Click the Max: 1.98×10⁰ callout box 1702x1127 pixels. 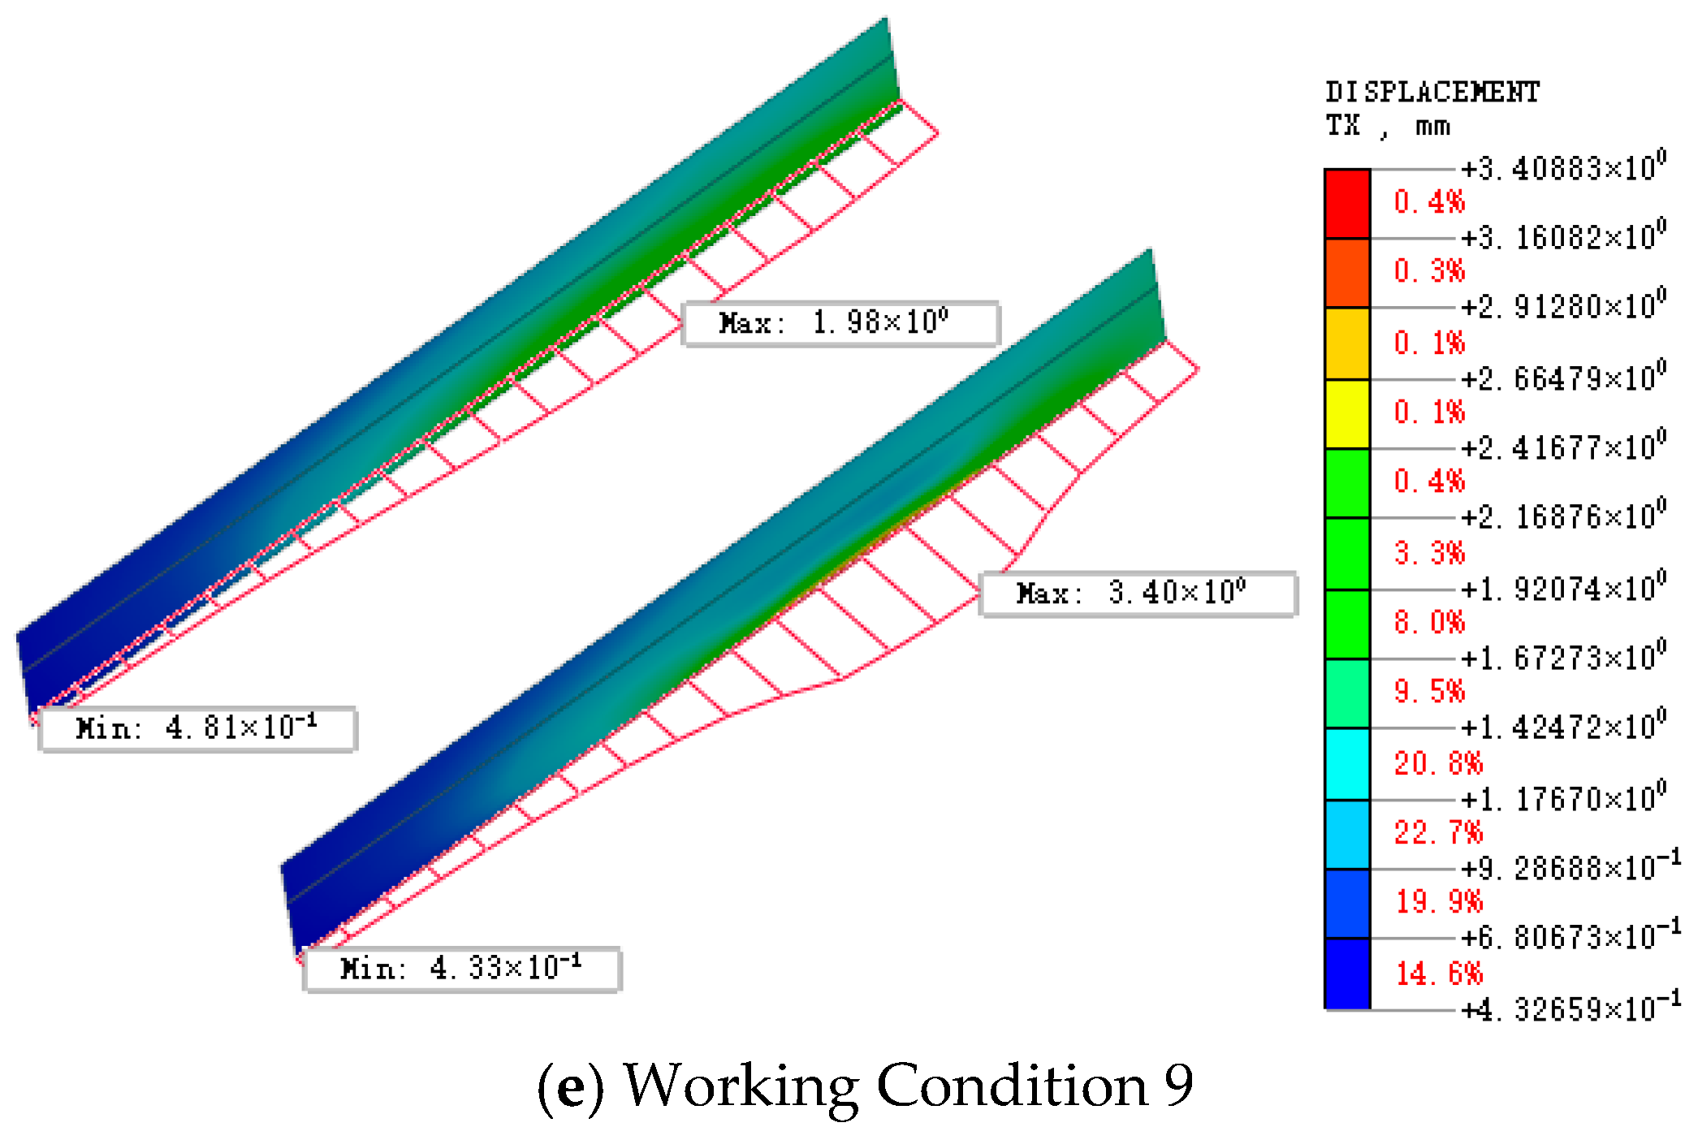click(x=840, y=324)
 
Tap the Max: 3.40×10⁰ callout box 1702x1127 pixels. click(x=1138, y=594)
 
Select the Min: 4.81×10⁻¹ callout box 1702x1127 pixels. click(x=197, y=729)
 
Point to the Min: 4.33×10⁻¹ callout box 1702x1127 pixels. click(x=462, y=969)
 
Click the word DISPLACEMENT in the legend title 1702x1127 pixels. click(x=1432, y=93)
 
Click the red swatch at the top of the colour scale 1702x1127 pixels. click(x=1347, y=204)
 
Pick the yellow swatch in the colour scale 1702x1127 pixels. click(x=1347, y=414)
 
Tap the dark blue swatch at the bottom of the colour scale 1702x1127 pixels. click(x=1347, y=974)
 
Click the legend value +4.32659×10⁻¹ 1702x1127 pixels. click(x=1570, y=1008)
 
